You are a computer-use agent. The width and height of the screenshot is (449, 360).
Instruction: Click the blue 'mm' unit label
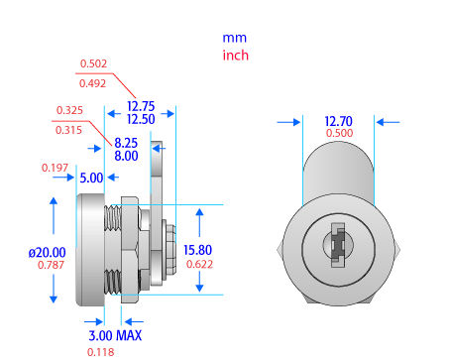pos(235,38)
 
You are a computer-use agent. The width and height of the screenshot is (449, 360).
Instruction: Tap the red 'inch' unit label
pos(236,56)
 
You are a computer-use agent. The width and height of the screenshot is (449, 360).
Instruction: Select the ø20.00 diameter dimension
pos(48,253)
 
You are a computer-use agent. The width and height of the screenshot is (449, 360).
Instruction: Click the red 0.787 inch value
pos(51,265)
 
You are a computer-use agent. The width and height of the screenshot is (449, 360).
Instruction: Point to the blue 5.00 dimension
pos(91,178)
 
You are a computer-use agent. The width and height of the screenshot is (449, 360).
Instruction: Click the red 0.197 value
pos(55,168)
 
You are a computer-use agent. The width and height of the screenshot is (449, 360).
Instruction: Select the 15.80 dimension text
pos(197,250)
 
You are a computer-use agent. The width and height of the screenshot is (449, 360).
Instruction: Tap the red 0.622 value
pos(199,264)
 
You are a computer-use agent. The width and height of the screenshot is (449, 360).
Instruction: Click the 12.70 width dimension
pos(339,121)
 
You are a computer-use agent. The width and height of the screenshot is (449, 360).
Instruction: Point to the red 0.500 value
pos(339,133)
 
